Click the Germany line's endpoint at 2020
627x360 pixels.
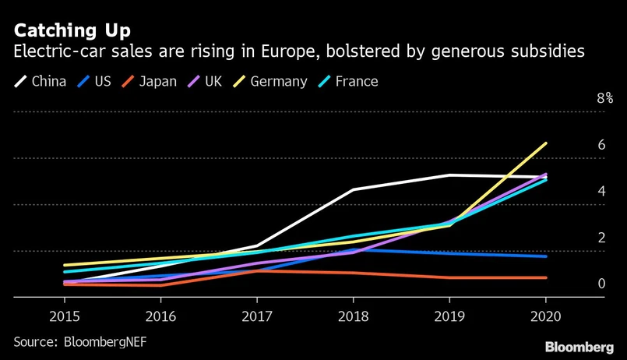[x=545, y=143]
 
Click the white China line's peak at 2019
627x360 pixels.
[x=449, y=175]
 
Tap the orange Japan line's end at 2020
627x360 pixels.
[x=545, y=277]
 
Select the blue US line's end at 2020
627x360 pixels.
[x=545, y=256]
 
